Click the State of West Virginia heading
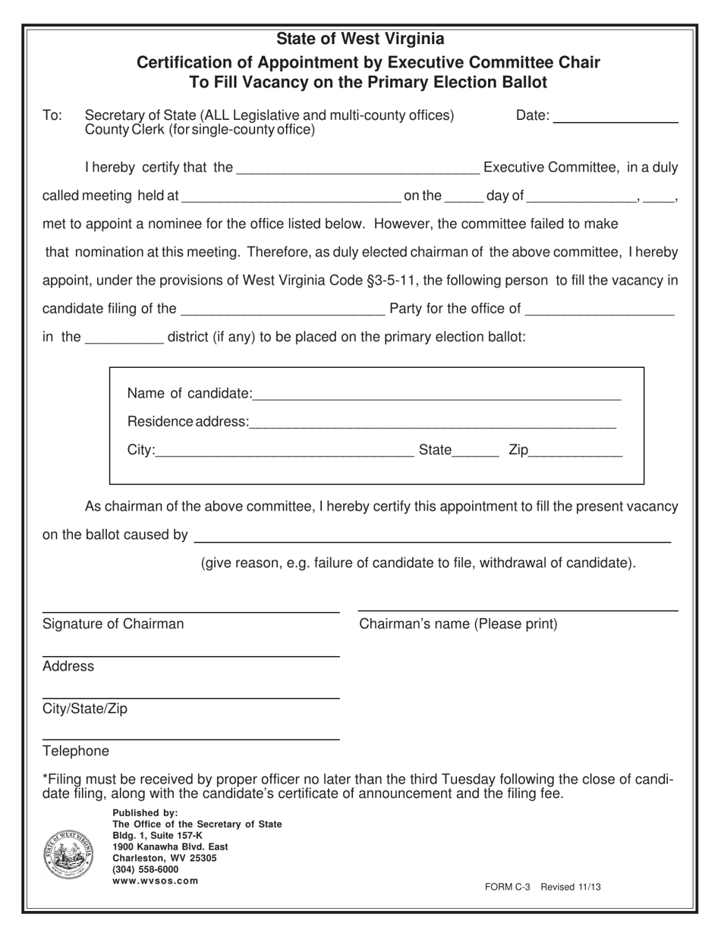pyautogui.click(x=360, y=39)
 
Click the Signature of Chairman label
pyautogui.click(x=113, y=624)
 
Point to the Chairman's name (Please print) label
pyautogui.click(x=458, y=624)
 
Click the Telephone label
pyautogui.click(x=75, y=752)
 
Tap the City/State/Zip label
pyautogui.click(x=85, y=709)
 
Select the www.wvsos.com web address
pyautogui.click(x=156, y=881)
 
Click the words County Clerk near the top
pyautogui.click(x=119, y=130)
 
